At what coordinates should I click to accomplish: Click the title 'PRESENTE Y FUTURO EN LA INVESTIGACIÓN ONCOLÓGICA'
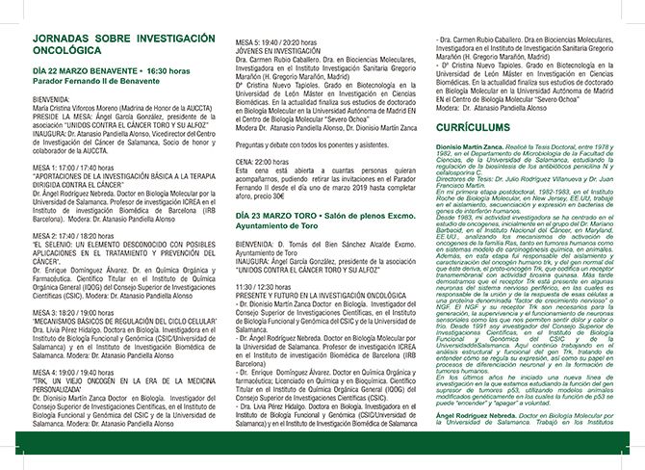pyautogui.click(x=316, y=295)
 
